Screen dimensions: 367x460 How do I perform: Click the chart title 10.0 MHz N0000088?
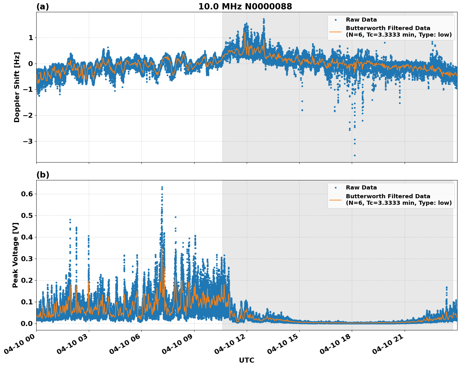(x=245, y=7)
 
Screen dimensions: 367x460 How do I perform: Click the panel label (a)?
(x=43, y=7)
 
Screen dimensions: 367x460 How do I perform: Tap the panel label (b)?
(x=43, y=175)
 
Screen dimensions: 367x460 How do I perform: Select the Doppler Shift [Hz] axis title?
(x=17, y=87)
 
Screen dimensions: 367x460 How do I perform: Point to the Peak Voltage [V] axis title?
(x=15, y=255)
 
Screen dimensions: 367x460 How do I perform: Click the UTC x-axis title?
(x=246, y=360)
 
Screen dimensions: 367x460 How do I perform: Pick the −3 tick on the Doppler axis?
(x=28, y=141)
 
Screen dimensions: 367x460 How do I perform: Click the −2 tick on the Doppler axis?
(x=28, y=116)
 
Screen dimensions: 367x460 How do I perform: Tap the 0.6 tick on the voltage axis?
(x=27, y=194)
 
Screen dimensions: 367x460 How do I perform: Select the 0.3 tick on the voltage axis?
(x=27, y=259)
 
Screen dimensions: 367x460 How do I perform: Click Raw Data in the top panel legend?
(x=361, y=20)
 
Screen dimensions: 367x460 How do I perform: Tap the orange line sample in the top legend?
(x=335, y=32)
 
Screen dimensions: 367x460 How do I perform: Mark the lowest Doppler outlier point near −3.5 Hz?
(x=355, y=155)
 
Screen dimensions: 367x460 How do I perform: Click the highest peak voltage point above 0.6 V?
(x=162, y=187)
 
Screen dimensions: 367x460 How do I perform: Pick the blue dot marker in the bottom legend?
(x=336, y=188)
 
